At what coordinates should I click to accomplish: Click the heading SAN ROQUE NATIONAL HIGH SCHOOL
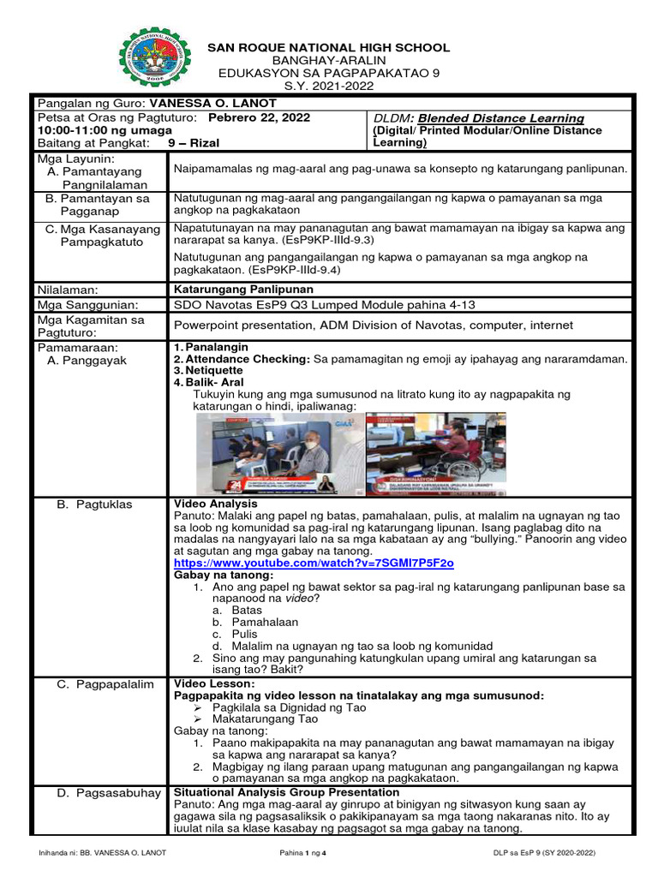[x=329, y=48]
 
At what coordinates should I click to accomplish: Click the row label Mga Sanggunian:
[x=87, y=304]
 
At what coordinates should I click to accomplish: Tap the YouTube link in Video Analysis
[x=314, y=564]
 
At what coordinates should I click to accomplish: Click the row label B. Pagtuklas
[x=94, y=504]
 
